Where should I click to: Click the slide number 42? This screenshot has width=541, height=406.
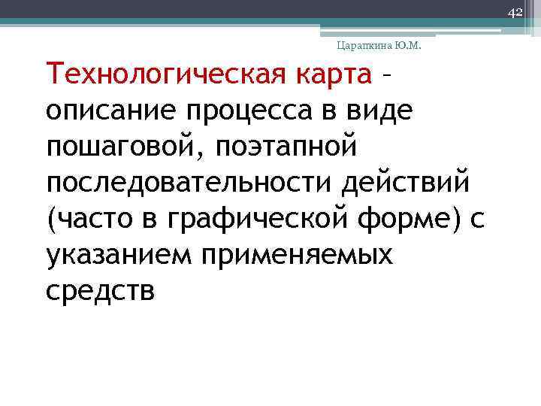pos(515,13)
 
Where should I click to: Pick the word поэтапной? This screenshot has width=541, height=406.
pos(289,147)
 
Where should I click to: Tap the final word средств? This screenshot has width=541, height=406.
pos(100,291)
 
